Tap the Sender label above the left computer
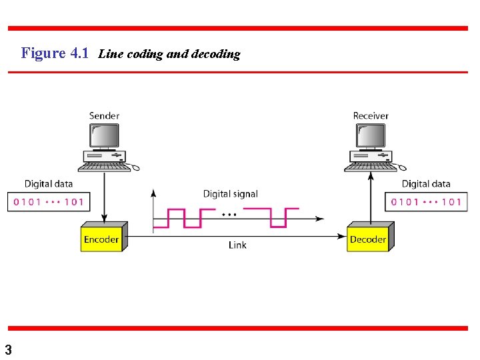click(104, 115)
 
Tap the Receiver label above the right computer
click(371, 115)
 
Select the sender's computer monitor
click(104, 136)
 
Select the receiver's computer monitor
click(370, 136)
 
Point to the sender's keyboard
click(105, 167)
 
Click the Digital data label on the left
click(49, 183)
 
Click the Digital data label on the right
click(426, 183)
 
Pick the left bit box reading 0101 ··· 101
click(49, 202)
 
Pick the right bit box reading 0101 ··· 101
click(426, 202)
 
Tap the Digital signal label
click(230, 194)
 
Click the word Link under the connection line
click(237, 245)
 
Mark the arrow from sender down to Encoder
click(104, 197)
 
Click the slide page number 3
click(8, 349)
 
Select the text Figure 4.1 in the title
click(55, 53)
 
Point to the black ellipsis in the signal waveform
click(229, 215)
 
